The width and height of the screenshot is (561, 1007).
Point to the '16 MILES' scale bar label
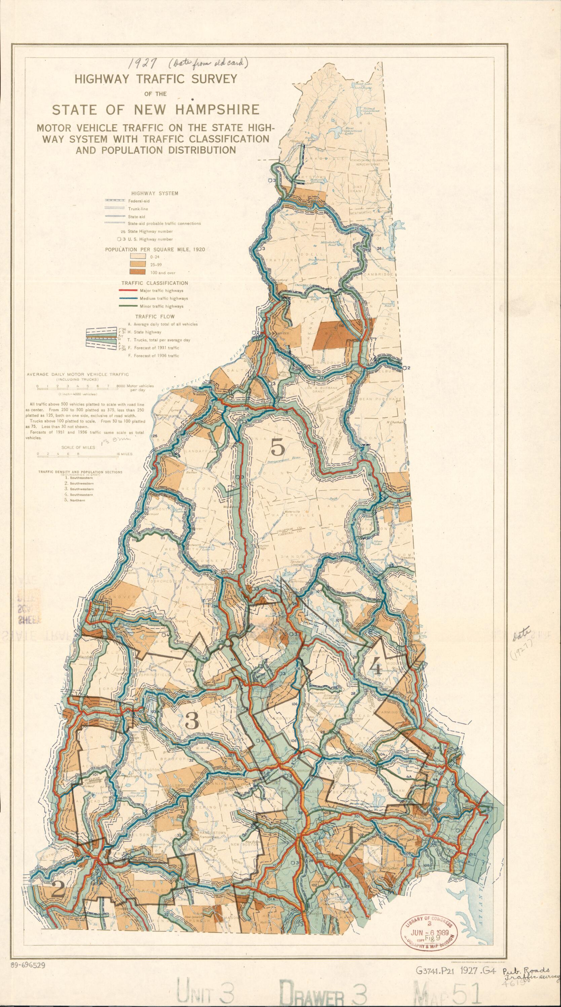(x=124, y=454)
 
